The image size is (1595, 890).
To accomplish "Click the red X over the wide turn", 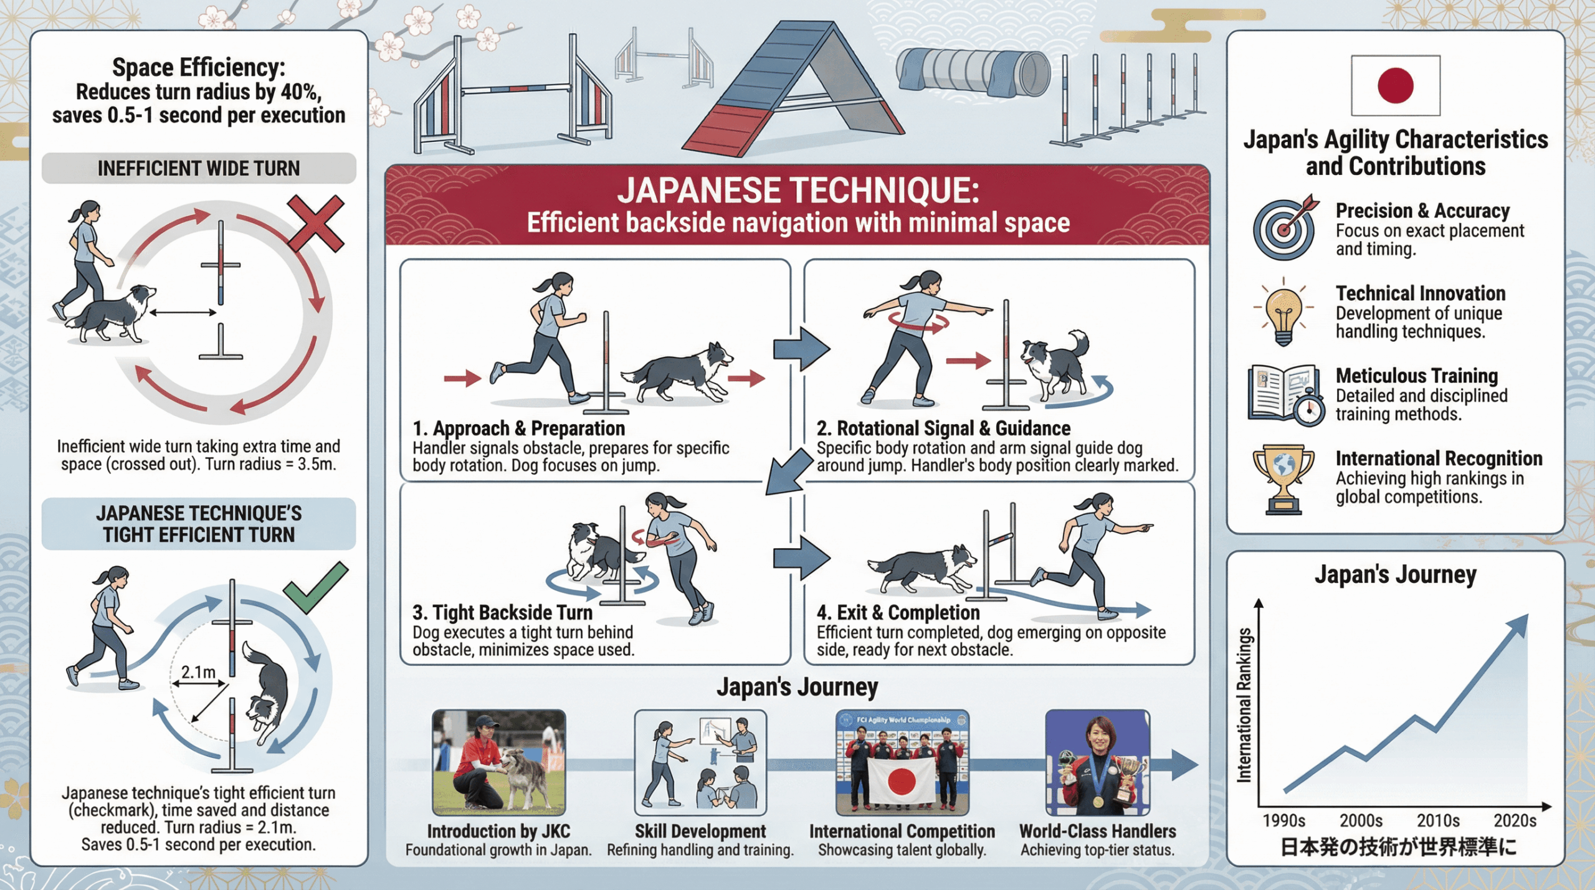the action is tap(316, 224).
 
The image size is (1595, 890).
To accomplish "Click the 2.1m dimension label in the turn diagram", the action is tap(198, 672).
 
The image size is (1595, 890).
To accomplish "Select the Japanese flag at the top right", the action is tap(1396, 85).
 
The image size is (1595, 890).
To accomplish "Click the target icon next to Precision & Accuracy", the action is tap(1285, 227).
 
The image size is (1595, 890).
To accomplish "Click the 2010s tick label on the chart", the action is tap(1438, 821).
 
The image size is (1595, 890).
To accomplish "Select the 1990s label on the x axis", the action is tap(1284, 821).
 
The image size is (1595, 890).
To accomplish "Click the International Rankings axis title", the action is tap(1244, 704).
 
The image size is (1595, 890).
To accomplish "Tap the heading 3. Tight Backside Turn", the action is tap(502, 613).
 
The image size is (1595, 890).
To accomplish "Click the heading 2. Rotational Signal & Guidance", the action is tap(943, 428).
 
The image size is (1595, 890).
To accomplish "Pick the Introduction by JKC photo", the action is tap(499, 762).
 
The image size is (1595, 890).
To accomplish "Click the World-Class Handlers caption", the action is tap(1098, 831).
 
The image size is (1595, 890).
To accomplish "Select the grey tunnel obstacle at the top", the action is tap(973, 73).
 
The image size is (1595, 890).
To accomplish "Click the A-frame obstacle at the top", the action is tap(793, 87).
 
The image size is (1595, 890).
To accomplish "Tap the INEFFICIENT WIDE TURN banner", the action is tap(199, 168).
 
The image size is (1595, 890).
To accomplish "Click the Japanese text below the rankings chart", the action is tap(1398, 847).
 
